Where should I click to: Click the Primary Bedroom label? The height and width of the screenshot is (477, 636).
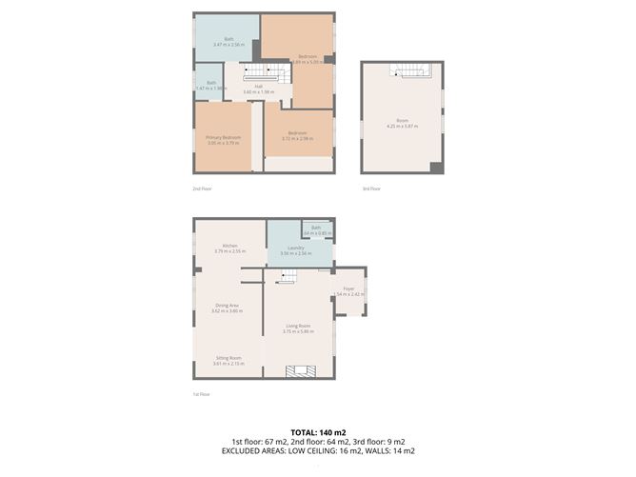[223, 138]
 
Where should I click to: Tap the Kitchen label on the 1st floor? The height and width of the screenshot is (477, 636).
[229, 246]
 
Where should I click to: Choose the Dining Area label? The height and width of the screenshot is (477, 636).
[229, 306]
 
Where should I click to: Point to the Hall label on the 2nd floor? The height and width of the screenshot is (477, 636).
[258, 87]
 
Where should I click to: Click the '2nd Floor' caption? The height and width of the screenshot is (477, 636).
[201, 189]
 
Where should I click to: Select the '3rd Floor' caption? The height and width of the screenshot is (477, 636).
[370, 189]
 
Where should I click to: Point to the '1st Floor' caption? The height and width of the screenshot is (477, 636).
[201, 394]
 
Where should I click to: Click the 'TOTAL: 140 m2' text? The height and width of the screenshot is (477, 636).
[318, 431]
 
